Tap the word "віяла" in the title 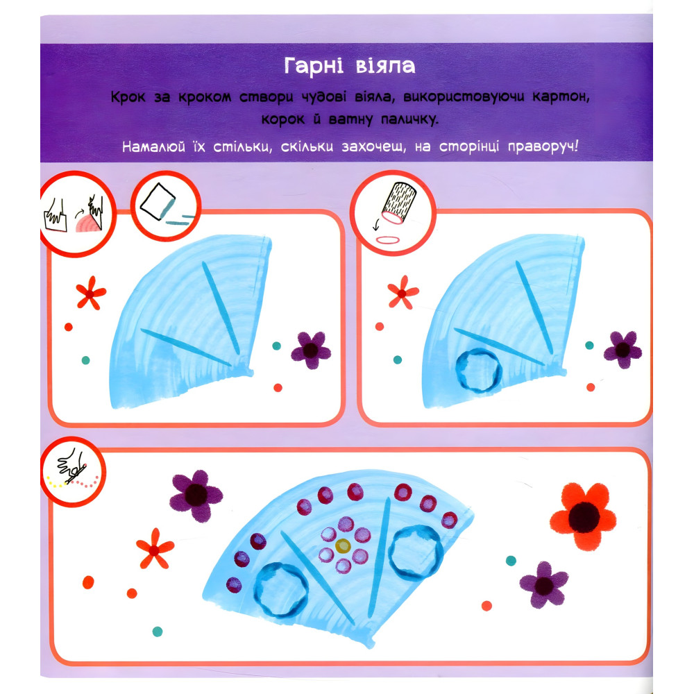[x=385, y=67]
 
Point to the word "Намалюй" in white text [x=153, y=146]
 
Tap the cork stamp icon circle [x=393, y=213]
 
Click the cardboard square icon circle [x=166, y=206]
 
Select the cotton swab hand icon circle [x=73, y=472]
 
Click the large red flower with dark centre [x=584, y=516]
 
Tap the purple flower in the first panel [x=311, y=350]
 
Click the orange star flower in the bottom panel [x=155, y=549]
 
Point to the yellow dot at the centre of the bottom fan [x=343, y=545]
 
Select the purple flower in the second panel [x=623, y=350]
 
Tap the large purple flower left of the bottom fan [x=196, y=496]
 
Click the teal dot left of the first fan [x=86, y=360]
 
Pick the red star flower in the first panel [x=91, y=293]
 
